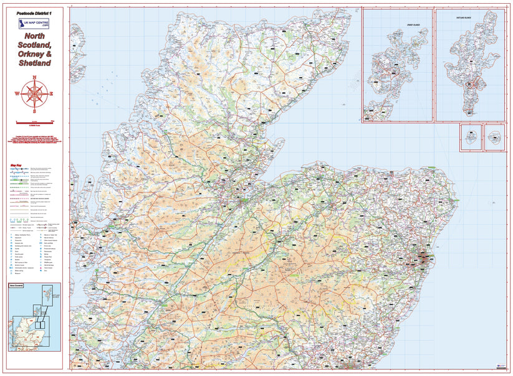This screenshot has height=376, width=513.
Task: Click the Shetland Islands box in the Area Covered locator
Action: point(49,293)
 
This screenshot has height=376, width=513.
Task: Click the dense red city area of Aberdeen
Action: point(424,258)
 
